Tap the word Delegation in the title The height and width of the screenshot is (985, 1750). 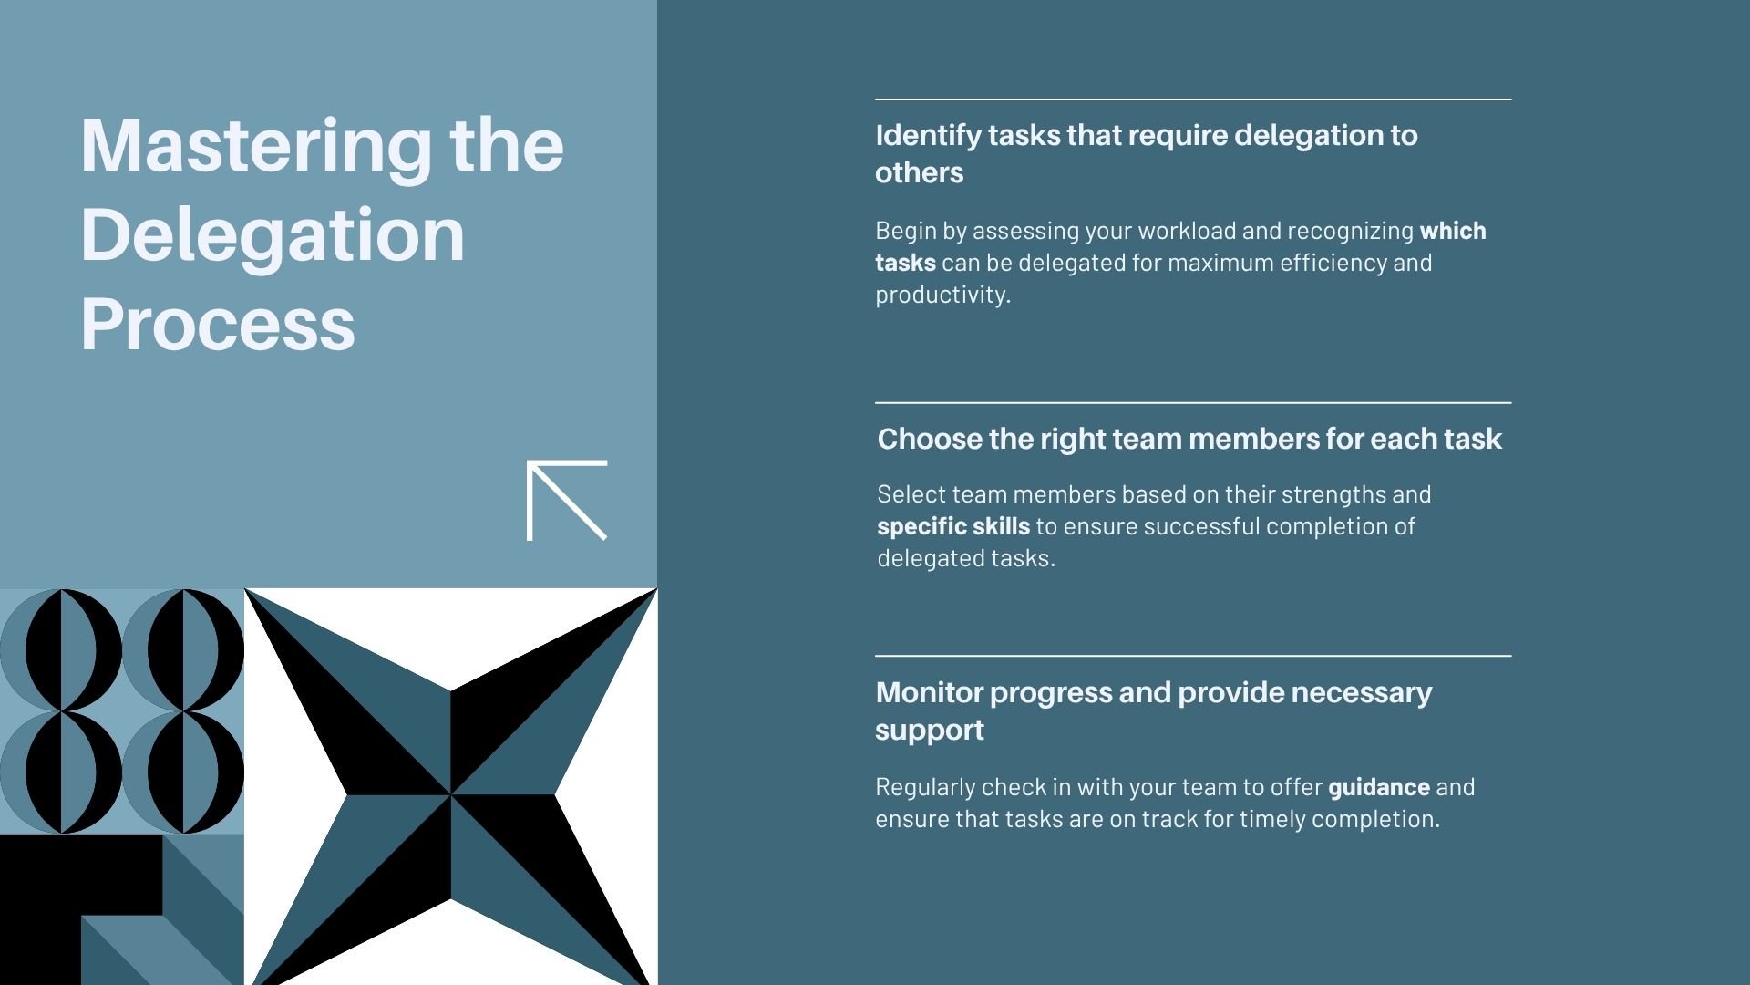click(x=273, y=235)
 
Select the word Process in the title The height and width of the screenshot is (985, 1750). click(x=218, y=324)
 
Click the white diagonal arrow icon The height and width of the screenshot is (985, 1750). click(x=566, y=500)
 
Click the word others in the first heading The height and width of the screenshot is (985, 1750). click(x=919, y=173)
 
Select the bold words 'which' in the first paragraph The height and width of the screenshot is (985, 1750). click(x=1452, y=231)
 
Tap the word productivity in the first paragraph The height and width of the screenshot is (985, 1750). click(x=942, y=295)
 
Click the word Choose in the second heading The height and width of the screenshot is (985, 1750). click(x=929, y=440)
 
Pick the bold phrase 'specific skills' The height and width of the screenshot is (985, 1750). click(x=953, y=526)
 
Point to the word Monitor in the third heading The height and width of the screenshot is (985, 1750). click(x=929, y=693)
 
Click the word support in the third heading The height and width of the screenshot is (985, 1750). click(x=929, y=731)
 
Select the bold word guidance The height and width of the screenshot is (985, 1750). click(x=1378, y=787)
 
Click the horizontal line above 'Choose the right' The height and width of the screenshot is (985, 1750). click(x=1192, y=402)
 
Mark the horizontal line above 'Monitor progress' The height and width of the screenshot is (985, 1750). click(x=1192, y=656)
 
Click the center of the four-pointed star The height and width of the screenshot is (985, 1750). click(x=450, y=794)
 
